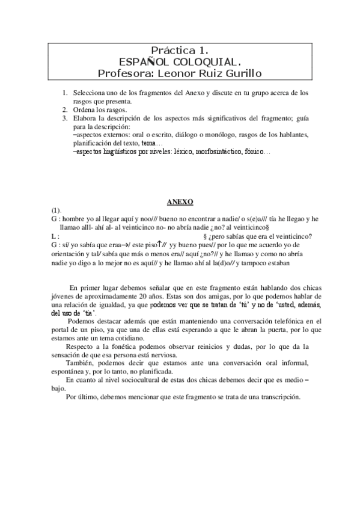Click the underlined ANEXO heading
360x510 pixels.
pos(180,203)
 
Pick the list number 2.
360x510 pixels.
pos(65,110)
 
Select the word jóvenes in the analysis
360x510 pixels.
pos(64,296)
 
